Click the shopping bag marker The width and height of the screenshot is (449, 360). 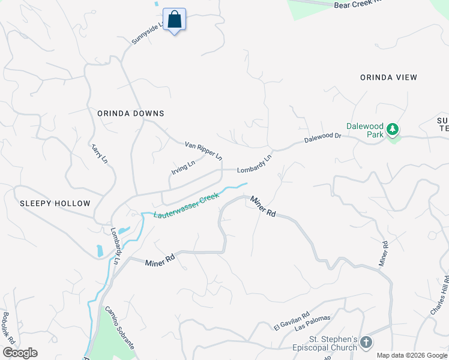(174, 20)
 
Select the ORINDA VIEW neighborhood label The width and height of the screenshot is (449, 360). (388, 77)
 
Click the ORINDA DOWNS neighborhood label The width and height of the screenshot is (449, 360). (131, 113)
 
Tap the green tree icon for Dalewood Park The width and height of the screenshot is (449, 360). (393, 129)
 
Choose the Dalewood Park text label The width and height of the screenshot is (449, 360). (364, 131)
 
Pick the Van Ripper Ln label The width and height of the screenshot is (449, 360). (203, 150)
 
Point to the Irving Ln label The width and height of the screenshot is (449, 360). (183, 167)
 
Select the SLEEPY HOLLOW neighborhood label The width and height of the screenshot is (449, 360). (55, 203)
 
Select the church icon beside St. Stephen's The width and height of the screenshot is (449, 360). (366, 342)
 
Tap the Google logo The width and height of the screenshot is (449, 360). (20, 353)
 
